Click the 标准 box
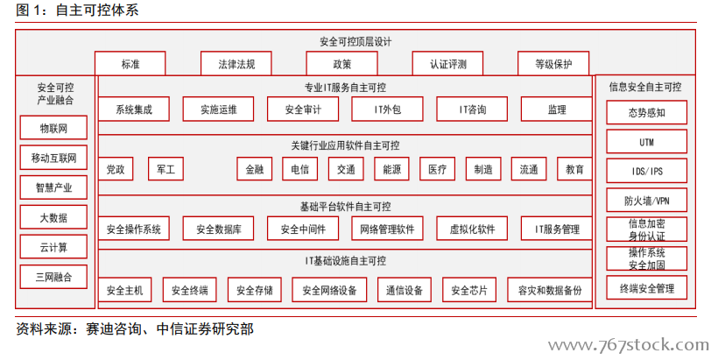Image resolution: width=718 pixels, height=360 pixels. click(130, 63)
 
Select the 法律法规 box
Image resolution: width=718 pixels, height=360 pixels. click(236, 63)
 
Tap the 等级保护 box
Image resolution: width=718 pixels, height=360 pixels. click(553, 63)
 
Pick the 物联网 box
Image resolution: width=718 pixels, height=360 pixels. click(53, 128)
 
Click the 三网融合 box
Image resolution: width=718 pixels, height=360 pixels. click(53, 277)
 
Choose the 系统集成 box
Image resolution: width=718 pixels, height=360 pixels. click(134, 109)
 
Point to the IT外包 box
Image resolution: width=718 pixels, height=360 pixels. click(387, 109)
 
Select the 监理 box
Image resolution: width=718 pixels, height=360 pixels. click(556, 109)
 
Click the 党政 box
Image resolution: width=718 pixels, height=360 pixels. click(116, 169)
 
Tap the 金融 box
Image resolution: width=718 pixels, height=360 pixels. click(255, 169)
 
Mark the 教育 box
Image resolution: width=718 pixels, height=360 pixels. click(574, 169)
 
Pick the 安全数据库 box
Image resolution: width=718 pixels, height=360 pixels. click(218, 229)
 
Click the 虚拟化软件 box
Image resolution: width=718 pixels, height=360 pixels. click(472, 229)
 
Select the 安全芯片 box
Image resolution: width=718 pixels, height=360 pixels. click(469, 289)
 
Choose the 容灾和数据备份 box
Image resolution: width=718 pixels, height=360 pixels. click(550, 289)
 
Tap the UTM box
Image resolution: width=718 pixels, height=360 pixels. click(646, 142)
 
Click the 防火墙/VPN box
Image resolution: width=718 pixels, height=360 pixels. click(646, 201)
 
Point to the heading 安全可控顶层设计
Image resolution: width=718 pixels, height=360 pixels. click(355, 42)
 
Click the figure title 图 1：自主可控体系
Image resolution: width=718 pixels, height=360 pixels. click(77, 10)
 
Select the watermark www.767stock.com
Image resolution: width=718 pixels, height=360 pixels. click(629, 344)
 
